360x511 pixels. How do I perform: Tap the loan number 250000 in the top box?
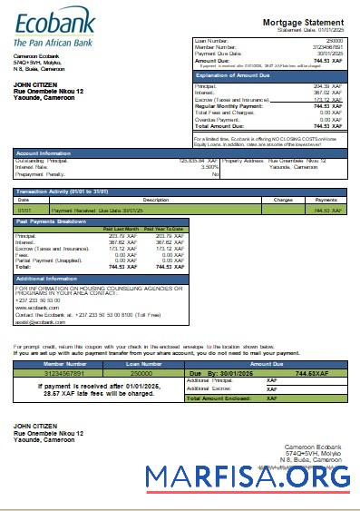[335, 41]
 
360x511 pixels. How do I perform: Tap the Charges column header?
[283, 200]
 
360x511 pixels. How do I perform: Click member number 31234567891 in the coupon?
[54, 372]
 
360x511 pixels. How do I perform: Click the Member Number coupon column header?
[54, 363]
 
